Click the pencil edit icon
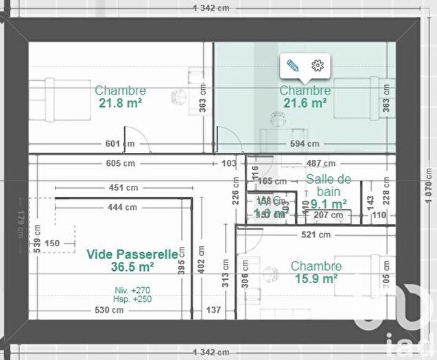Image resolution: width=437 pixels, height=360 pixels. pos(293,66)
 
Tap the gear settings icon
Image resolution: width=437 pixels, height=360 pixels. pos(317,66)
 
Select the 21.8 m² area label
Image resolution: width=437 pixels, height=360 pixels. pos(120,103)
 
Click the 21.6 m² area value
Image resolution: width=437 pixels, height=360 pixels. pos(305,103)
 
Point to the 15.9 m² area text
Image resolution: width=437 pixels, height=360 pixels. pos(316,278)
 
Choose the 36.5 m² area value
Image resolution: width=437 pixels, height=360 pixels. pos(120,267)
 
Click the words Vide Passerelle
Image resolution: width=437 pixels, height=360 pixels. pos(132,254)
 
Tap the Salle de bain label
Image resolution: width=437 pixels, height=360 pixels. pos(329,185)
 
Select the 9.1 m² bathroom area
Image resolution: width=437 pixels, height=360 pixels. pos(328,204)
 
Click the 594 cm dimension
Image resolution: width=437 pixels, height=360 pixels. pos(304,144)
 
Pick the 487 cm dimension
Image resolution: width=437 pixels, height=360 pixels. pos(320,163)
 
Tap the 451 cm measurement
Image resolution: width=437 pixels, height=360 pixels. pos(123,187)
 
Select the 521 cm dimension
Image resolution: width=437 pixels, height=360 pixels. pos(316,234)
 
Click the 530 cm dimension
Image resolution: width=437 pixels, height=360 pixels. pos(110,310)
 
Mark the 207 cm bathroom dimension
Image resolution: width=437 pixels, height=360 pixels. pos(328,215)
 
